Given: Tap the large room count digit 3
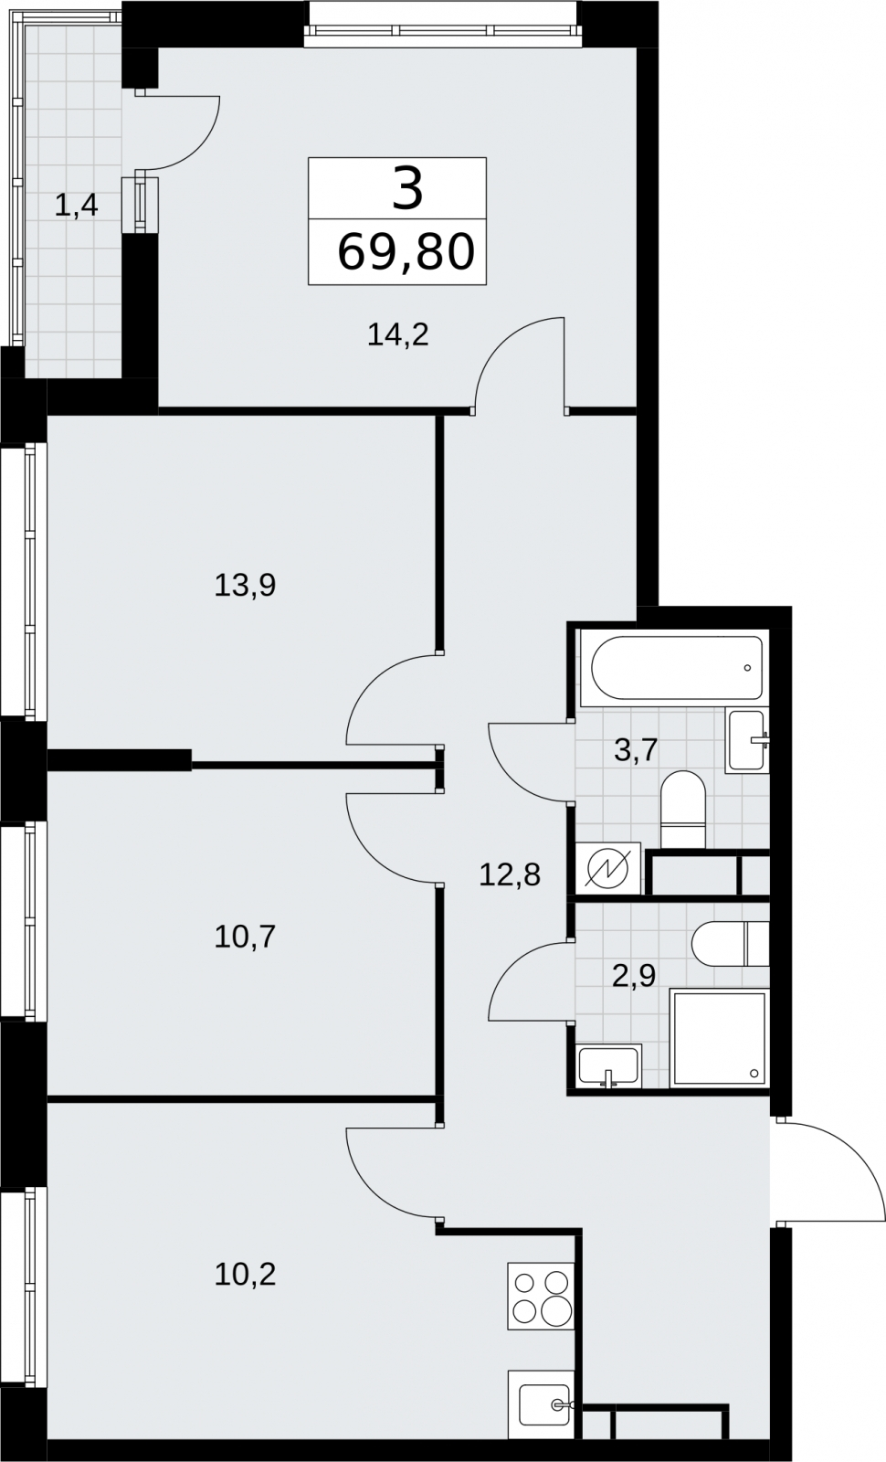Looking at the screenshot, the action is tap(407, 188).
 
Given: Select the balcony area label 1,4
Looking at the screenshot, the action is tap(77, 207).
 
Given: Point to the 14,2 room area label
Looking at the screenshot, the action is tap(398, 335).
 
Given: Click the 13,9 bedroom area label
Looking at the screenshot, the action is tap(246, 586).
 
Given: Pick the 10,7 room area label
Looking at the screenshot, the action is tap(246, 938).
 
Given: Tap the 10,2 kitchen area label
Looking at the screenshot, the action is tap(246, 1275).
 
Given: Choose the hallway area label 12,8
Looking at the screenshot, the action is tap(510, 874).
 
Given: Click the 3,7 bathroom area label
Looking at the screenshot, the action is tap(636, 750).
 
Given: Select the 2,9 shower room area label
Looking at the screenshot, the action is tap(634, 977).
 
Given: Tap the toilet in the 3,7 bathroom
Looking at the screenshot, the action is tap(683, 810).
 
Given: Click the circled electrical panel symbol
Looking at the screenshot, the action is tap(608, 869).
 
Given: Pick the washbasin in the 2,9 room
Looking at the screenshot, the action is tap(608, 1066).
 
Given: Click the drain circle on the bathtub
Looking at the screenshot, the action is tap(747, 668).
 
